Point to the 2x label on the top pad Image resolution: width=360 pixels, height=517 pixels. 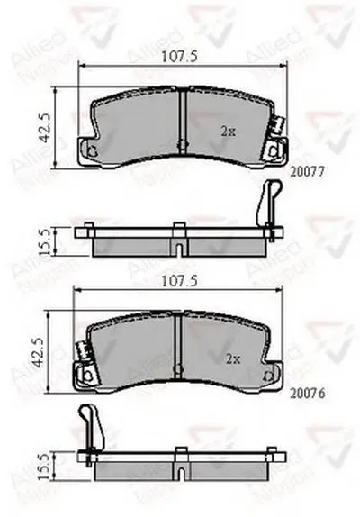click(229, 131)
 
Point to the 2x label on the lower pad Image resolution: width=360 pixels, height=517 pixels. click(232, 358)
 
